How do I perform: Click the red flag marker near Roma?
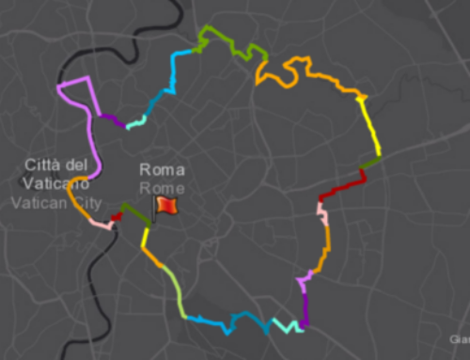(x=166, y=205)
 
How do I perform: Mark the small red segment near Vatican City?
(x=116, y=218)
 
